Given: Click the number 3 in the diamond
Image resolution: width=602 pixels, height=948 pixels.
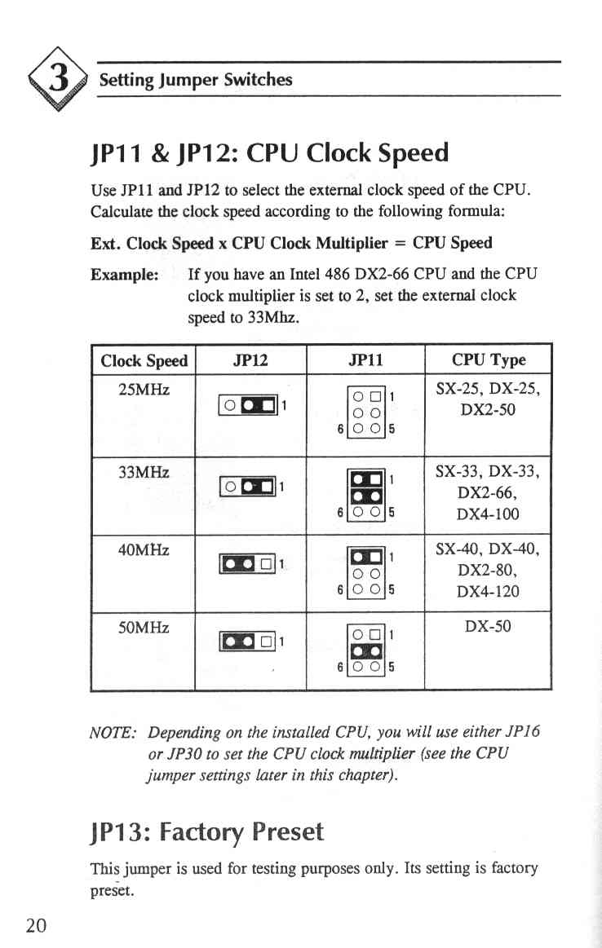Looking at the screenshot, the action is pos(59,79).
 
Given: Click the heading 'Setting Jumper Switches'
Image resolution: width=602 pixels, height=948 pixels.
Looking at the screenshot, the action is pos(196,80).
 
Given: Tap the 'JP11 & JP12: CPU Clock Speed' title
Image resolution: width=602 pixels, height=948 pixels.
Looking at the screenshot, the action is pos(270,153).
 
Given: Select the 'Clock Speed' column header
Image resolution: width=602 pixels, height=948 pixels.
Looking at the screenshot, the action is pos(144,361).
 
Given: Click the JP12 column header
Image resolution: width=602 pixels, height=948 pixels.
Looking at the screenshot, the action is pos(250,361).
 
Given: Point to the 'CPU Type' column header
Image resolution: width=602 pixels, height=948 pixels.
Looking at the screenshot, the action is pos(489,360).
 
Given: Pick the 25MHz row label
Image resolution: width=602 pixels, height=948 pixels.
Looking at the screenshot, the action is pos(144,390).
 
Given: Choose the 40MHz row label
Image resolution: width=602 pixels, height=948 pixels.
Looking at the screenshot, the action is pos(144,549).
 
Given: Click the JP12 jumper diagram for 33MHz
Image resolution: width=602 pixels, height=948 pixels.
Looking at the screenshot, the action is pos(252,486).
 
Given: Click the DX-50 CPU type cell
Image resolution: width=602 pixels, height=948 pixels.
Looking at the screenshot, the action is pos(488,626).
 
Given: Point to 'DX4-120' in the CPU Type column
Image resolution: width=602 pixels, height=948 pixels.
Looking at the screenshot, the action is pos(488,591).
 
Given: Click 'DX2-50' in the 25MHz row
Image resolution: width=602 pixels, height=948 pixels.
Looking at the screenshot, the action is pos(488,409).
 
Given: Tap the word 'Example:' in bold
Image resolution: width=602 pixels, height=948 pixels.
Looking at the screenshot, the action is pos(125,275).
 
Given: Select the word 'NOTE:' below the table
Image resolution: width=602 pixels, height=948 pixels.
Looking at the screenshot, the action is pos(113,733).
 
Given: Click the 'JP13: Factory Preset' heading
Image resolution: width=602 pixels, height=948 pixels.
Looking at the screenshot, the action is pos(207,832).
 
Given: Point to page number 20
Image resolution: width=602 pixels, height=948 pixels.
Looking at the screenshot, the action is pos(37,924).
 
